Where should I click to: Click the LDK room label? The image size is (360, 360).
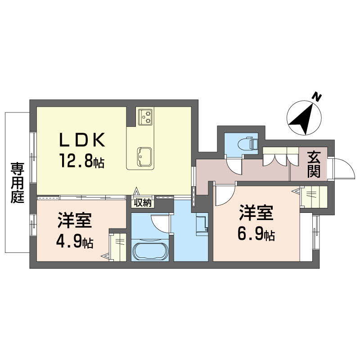[82, 140]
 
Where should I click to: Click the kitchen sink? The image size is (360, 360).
[144, 157]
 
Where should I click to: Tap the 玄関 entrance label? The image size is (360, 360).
[314, 164]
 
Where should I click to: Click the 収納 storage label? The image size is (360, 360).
[143, 202]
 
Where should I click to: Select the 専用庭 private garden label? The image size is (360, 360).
[18, 183]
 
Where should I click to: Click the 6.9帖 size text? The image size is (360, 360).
[256, 234]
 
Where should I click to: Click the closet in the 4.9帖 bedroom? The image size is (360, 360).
[118, 247]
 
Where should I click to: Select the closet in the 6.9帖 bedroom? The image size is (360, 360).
[314, 197]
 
